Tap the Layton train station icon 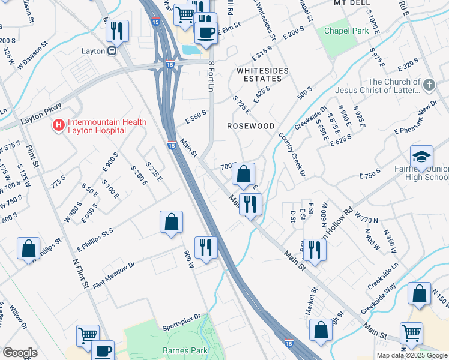(x=112, y=51)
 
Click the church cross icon (x=429, y=85)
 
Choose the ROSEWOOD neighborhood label (x=250, y=126)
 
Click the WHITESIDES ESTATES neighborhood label (x=259, y=74)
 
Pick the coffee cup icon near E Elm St (x=206, y=33)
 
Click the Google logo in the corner (x=20, y=353)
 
